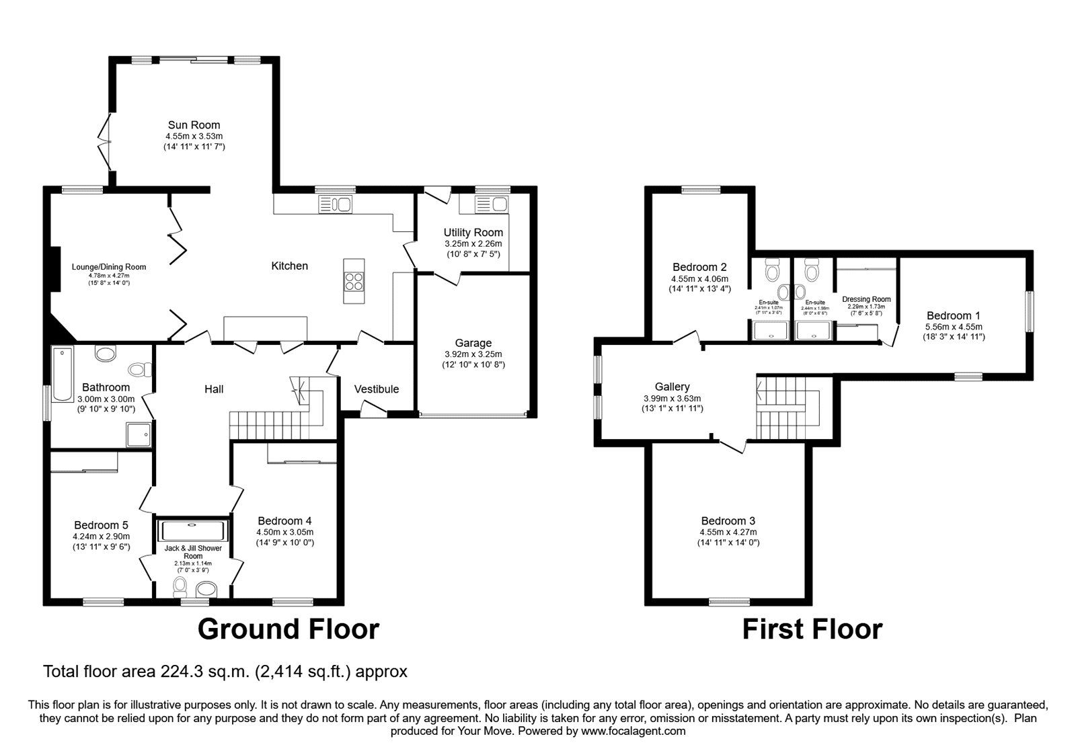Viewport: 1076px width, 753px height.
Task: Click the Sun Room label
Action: [194, 124]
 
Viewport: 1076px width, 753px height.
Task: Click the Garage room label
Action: [473, 343]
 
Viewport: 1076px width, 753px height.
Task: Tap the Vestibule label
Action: [377, 389]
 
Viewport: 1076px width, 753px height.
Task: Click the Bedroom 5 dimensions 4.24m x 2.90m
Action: [101, 537]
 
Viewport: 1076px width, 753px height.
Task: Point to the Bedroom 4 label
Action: [284, 521]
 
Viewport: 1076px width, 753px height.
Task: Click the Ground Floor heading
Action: [288, 629]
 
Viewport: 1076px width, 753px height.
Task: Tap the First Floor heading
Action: [812, 629]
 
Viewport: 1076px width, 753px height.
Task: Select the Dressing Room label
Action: [866, 299]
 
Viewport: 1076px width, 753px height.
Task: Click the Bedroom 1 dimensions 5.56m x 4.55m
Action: [954, 327]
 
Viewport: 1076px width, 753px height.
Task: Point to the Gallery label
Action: [672, 387]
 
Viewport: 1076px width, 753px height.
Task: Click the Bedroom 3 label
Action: [728, 520]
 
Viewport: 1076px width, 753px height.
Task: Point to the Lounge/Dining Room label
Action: [109, 267]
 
